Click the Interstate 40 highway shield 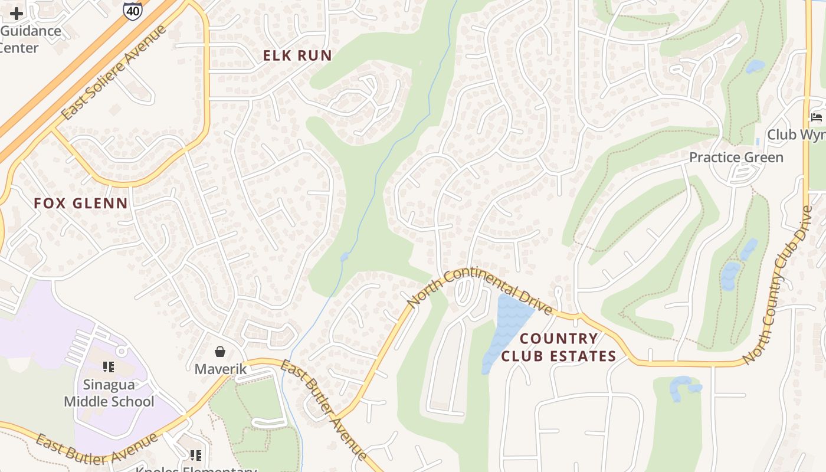132,10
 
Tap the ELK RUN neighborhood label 297,55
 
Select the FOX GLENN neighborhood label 81,204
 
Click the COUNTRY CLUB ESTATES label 559,348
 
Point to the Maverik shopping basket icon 220,352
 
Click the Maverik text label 220,369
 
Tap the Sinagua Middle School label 109,393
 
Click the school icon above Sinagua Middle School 108,367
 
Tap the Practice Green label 736,158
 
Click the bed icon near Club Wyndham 817,117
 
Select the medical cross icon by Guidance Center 17,13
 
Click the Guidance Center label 29,39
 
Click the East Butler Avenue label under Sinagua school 97,449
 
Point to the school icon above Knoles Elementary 195,455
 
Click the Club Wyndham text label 796,135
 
